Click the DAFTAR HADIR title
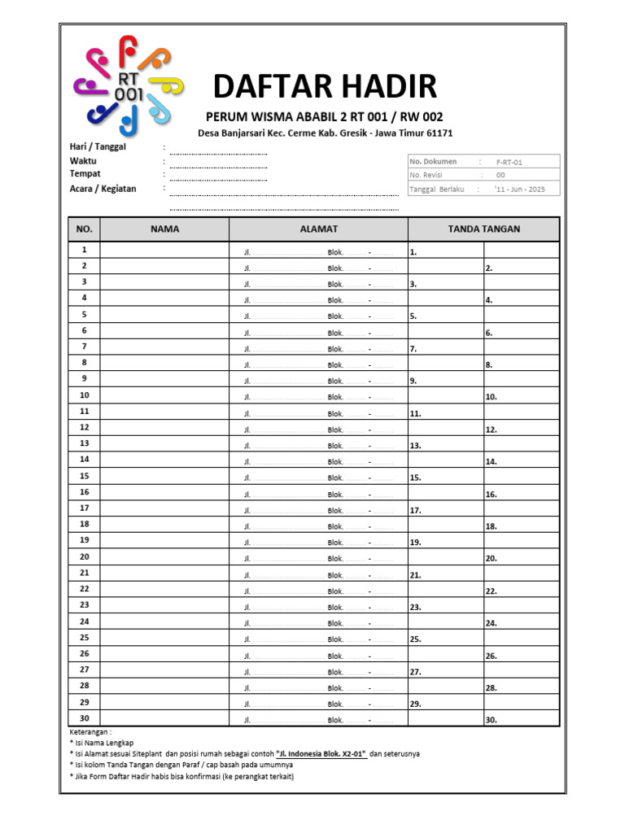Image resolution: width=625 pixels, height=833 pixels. (325, 85)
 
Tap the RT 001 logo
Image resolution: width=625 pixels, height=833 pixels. (129, 85)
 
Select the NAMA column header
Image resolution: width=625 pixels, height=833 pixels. (164, 229)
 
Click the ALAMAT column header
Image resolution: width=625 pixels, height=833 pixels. (318, 229)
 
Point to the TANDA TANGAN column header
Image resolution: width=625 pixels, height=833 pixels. (483, 229)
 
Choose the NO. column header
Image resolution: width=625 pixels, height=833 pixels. (85, 229)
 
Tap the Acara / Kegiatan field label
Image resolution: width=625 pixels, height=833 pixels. (103, 189)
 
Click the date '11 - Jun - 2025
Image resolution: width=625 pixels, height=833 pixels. (519, 190)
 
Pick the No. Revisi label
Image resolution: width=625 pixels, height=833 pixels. (427, 175)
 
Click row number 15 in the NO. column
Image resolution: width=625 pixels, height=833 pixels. (85, 476)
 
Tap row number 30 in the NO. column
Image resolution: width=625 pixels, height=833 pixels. (85, 718)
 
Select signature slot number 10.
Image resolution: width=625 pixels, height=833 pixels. (491, 397)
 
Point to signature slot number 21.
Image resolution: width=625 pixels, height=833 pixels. (415, 575)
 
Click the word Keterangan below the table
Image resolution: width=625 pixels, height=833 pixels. (91, 732)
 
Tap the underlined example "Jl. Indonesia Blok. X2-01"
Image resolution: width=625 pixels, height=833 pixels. (321, 754)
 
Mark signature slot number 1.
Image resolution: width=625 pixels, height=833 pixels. (413, 252)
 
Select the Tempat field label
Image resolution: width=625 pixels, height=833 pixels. (85, 174)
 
